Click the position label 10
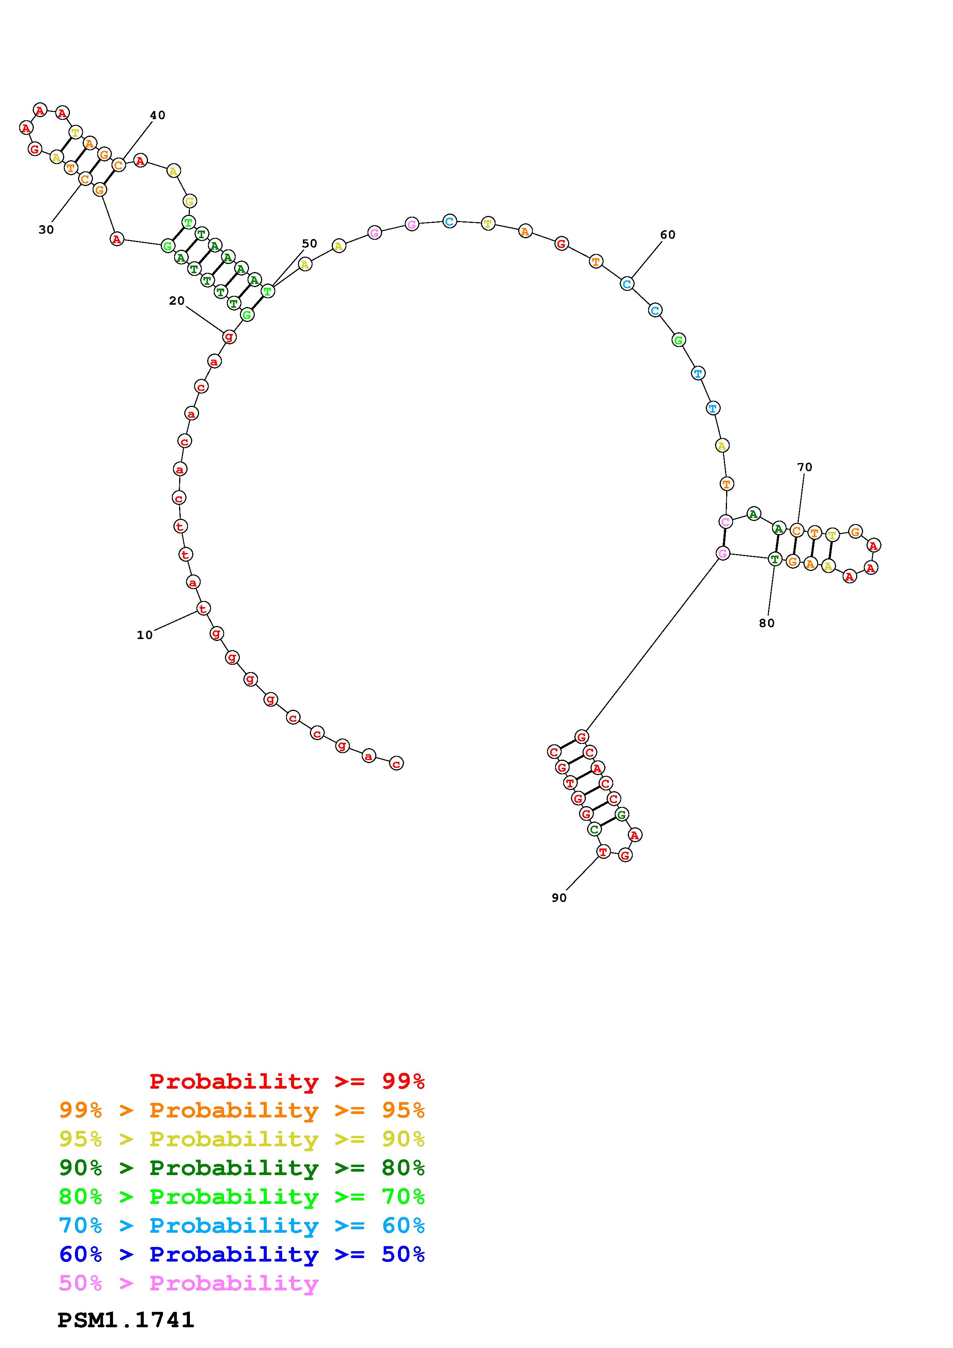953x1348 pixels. click(145, 635)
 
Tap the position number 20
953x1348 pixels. click(177, 300)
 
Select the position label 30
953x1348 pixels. click(47, 229)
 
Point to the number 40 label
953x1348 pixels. click(157, 115)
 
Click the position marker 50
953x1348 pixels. click(309, 243)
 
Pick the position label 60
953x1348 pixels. click(668, 235)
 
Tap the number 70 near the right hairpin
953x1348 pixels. click(805, 467)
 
